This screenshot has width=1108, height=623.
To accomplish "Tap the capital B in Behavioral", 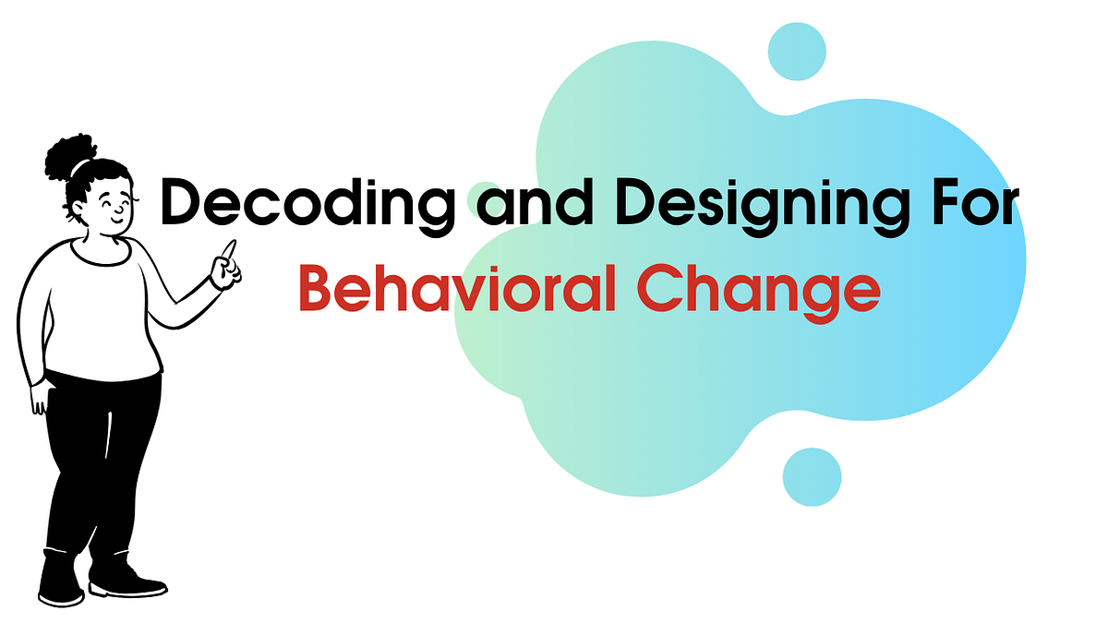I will point(317,289).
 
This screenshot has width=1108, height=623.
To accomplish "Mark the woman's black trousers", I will point(97,461).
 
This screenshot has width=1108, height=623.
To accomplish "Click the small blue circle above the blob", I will point(797,50).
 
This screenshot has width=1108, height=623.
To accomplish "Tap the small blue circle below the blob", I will point(812,476).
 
